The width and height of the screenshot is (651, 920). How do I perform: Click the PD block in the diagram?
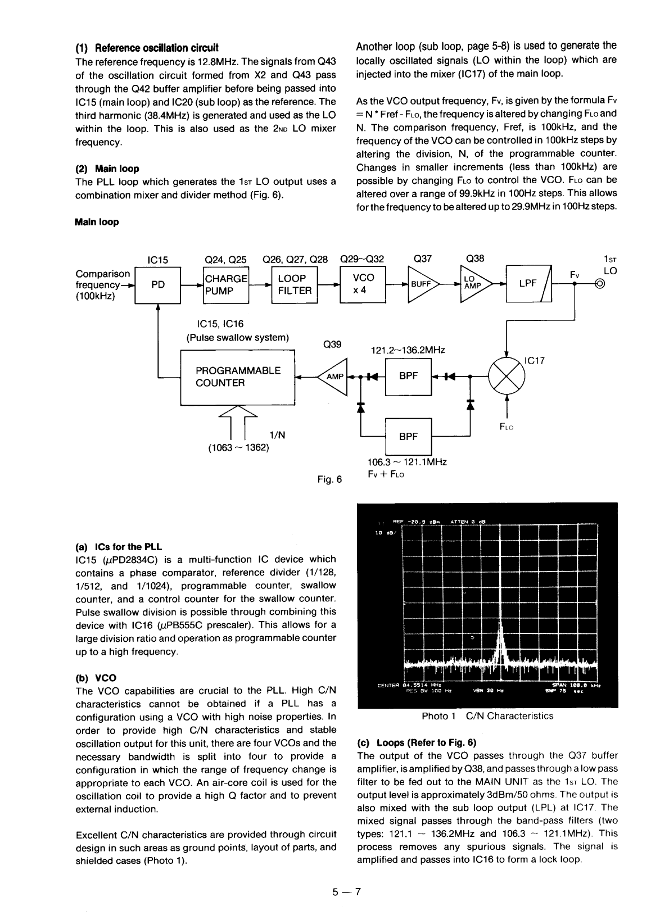click(x=158, y=285)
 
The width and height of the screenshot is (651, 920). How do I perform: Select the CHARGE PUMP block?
click(x=225, y=285)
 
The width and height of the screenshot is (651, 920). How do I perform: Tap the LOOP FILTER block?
click(x=295, y=285)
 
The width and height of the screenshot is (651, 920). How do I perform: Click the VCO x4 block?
click(x=363, y=285)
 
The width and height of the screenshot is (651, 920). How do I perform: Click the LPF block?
click(x=528, y=284)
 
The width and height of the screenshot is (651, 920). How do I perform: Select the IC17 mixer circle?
click(x=507, y=377)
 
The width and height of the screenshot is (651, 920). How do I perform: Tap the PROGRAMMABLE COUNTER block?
click(x=237, y=377)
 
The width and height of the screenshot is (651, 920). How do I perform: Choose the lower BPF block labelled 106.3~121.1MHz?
click(x=408, y=437)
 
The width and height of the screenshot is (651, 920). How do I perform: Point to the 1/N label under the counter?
click(x=277, y=435)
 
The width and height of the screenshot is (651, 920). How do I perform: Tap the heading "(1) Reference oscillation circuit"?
click(x=147, y=47)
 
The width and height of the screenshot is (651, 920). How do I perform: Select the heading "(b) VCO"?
click(x=96, y=677)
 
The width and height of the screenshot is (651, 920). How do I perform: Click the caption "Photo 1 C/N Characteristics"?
click(x=487, y=716)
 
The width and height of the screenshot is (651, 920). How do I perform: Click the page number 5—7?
click(x=345, y=891)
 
